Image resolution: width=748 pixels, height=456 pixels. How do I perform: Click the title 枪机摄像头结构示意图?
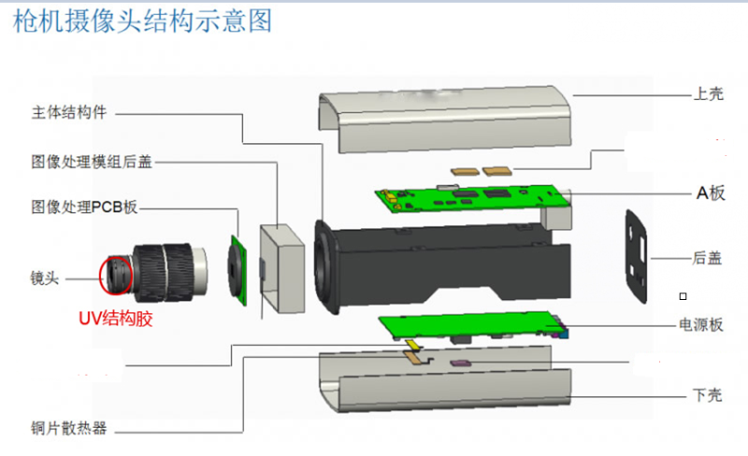click(x=142, y=21)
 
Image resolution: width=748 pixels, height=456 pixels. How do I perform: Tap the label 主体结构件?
click(x=69, y=112)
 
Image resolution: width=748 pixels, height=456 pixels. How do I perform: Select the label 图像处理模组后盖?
click(x=92, y=162)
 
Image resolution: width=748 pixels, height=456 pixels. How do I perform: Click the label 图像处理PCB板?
click(x=84, y=207)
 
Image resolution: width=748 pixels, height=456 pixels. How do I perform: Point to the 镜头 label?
click(x=44, y=278)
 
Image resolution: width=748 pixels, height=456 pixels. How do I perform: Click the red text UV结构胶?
click(x=115, y=318)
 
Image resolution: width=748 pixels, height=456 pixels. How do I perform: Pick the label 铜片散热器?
click(x=69, y=428)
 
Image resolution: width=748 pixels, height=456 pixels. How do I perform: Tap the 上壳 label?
click(x=709, y=93)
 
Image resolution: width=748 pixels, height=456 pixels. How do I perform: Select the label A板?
click(x=711, y=192)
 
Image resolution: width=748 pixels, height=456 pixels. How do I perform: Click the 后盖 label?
click(x=707, y=258)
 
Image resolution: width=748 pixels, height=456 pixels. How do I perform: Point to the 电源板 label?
click(x=701, y=325)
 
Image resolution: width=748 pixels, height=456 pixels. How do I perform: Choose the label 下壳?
click(x=708, y=395)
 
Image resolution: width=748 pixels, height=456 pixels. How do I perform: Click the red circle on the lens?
click(x=116, y=275)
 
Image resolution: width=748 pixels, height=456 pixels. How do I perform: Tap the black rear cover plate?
click(x=637, y=256)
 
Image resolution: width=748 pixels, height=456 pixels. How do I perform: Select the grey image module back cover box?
click(x=282, y=268)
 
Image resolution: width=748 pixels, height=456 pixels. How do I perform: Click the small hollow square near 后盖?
click(x=683, y=296)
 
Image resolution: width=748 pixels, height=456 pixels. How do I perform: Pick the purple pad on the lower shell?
click(x=461, y=363)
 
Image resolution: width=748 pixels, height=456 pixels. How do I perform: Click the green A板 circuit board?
click(x=472, y=197)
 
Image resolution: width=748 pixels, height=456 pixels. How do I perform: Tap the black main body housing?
click(x=442, y=267)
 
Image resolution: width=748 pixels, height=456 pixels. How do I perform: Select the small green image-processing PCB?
click(x=237, y=270)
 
